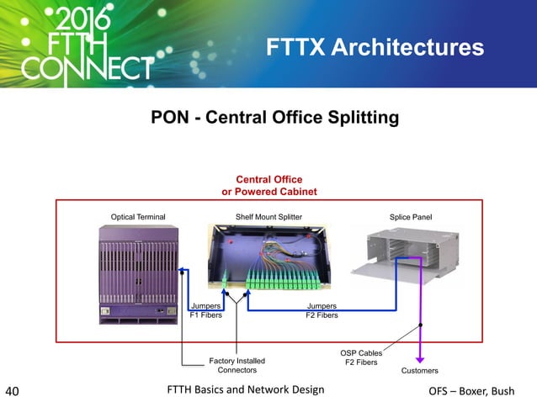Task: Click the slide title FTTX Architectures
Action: pyautogui.click(x=375, y=48)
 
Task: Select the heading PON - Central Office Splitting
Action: pyautogui.click(x=274, y=118)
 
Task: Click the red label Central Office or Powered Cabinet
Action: pyautogui.click(x=268, y=185)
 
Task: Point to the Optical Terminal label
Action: pyautogui.click(x=139, y=217)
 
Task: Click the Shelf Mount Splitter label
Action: pyautogui.click(x=268, y=217)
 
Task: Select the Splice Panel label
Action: pyautogui.click(x=410, y=217)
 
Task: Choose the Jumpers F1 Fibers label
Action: pyautogui.click(x=205, y=310)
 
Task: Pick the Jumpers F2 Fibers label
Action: pyautogui.click(x=322, y=310)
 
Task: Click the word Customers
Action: pyautogui.click(x=421, y=370)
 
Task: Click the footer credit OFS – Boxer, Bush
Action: pyautogui.click(x=482, y=391)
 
